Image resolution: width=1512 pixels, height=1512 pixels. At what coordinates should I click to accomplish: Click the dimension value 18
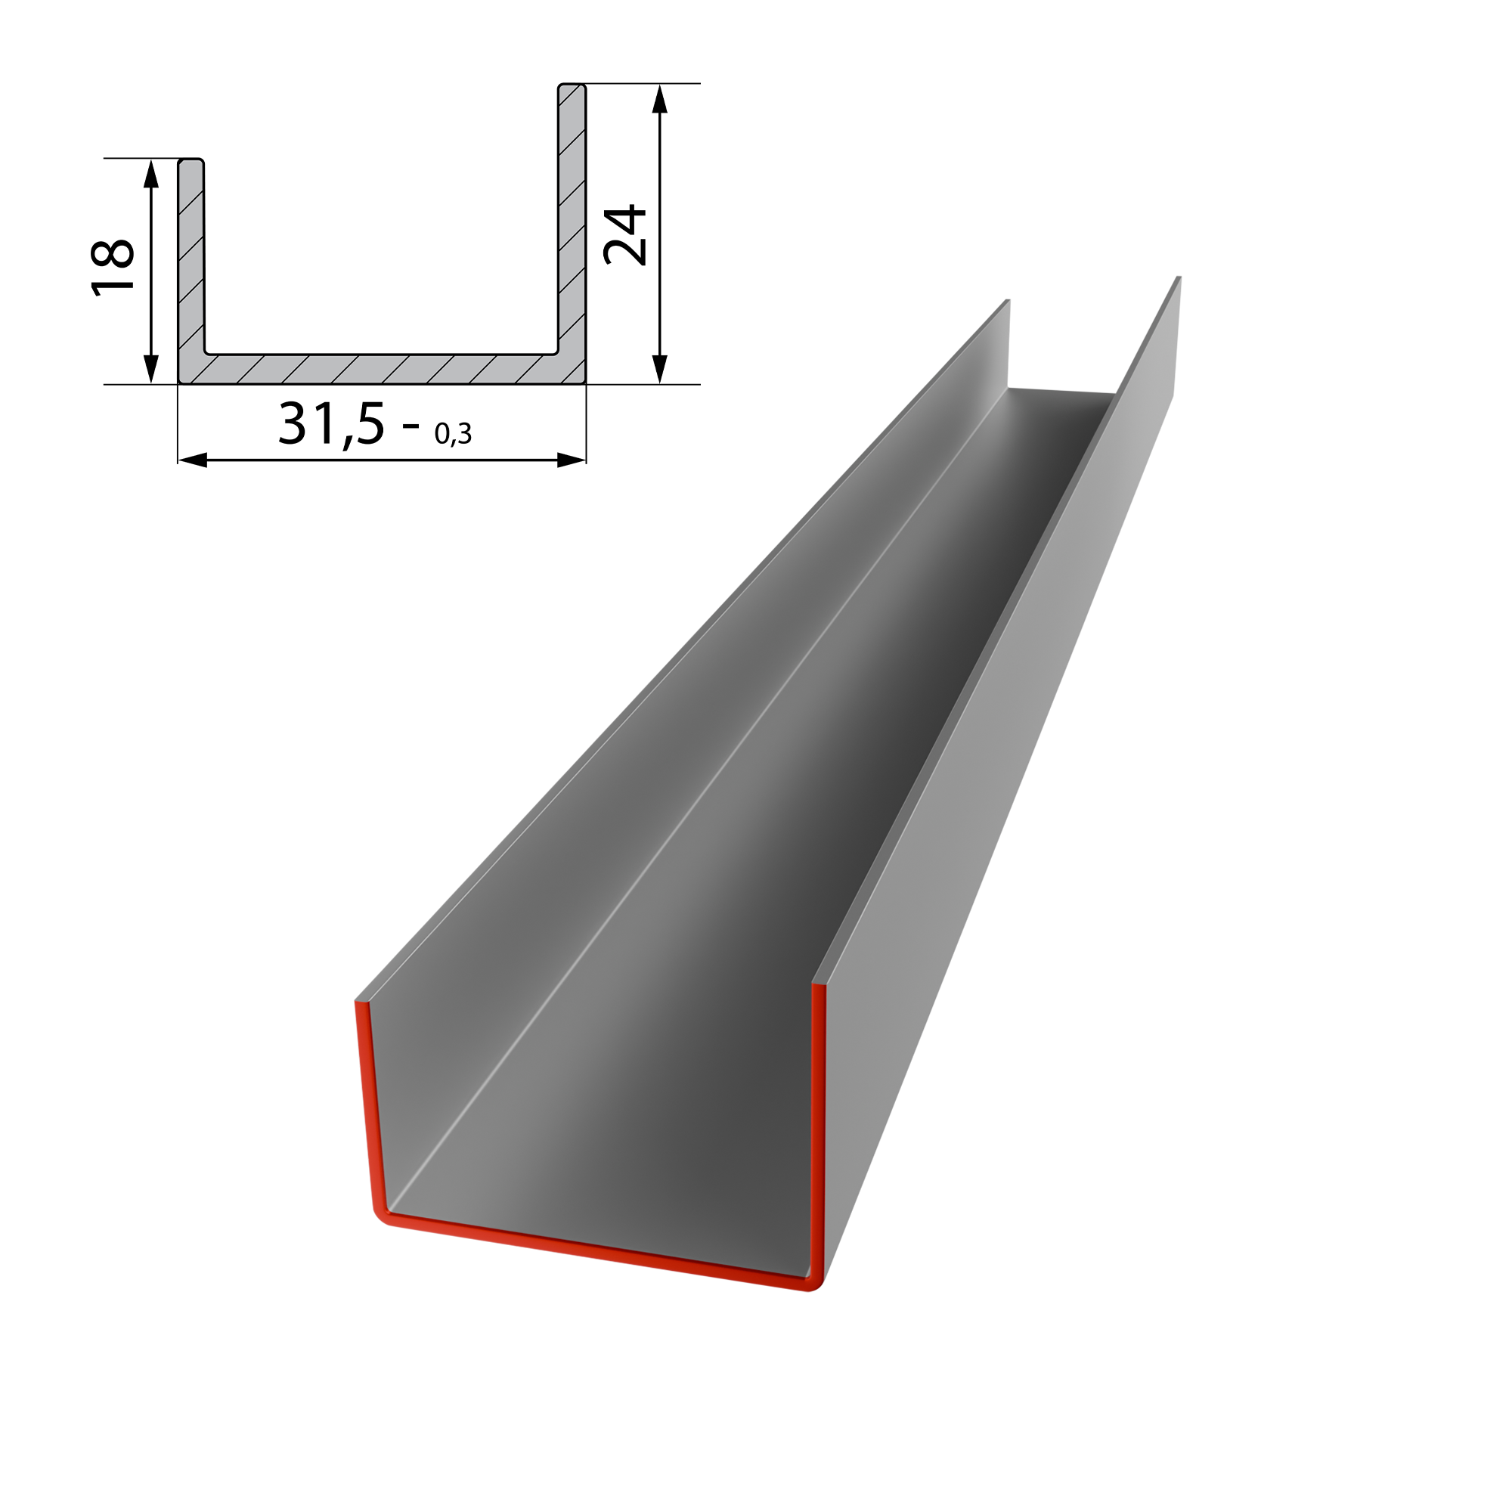tap(113, 268)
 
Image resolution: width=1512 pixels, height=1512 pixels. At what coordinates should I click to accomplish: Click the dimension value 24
tap(625, 236)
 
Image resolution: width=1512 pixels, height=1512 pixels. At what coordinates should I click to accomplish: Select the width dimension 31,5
tap(332, 424)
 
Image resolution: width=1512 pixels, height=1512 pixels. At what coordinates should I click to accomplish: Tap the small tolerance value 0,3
tap(453, 433)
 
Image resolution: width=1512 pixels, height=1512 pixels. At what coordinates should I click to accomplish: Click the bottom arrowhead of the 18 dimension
tap(152, 370)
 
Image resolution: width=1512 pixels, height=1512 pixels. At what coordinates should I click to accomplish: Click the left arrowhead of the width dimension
tap(193, 460)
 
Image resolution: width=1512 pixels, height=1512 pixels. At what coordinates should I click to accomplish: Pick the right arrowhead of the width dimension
tap(572, 460)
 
